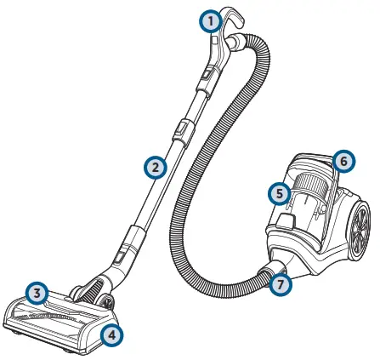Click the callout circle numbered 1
209,22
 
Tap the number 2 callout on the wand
153,167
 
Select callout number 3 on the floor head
35,294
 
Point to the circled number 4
111,334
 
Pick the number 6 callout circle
342,160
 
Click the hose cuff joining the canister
266,273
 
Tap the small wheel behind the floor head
108,301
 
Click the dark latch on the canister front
286,222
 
